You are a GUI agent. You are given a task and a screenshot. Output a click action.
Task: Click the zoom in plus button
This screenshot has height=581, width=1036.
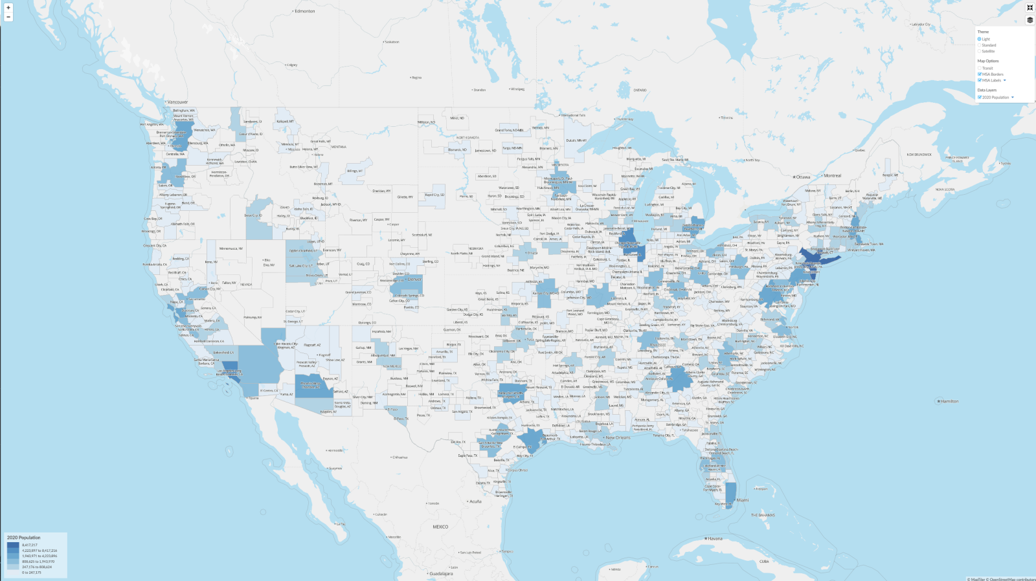[x=8, y=8]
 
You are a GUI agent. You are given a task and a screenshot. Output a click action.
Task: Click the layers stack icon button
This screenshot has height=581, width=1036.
[x=1030, y=20]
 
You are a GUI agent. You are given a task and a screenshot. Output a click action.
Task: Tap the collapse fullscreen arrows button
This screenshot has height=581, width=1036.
[x=1030, y=8]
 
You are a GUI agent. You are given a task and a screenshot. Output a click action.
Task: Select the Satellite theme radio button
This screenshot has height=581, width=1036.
[x=980, y=51]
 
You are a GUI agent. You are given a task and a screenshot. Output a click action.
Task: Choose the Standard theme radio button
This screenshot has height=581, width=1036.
[x=980, y=45]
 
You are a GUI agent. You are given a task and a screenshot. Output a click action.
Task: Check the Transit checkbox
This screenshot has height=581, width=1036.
[x=980, y=68]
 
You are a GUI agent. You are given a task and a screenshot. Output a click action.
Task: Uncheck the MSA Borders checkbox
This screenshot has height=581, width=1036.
[x=980, y=74]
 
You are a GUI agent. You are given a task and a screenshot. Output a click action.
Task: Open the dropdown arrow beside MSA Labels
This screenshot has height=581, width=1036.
[x=1005, y=80]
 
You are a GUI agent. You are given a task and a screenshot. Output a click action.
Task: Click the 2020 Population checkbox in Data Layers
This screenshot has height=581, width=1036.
[x=980, y=98]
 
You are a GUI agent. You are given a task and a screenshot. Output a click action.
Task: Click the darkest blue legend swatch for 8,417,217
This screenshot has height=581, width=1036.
[x=13, y=545]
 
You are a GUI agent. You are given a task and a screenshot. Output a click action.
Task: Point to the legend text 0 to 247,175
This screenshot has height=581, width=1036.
[x=31, y=573]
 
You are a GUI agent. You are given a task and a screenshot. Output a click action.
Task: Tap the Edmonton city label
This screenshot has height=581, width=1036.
[x=305, y=11]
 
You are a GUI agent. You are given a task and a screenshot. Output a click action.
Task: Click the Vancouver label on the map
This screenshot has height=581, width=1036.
[x=177, y=102]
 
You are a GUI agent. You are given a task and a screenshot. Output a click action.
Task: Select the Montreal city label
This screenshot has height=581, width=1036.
[x=832, y=176]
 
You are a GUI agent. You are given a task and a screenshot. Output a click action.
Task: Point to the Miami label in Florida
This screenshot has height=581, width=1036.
[x=742, y=500]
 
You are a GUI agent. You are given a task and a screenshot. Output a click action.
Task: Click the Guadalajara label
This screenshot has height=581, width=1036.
[x=441, y=574]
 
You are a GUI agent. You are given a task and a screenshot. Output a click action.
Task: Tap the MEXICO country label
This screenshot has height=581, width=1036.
[x=440, y=527]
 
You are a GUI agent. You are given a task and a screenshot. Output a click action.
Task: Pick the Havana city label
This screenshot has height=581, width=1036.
[x=715, y=539]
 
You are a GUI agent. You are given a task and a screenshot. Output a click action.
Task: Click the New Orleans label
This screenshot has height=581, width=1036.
[x=618, y=438]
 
